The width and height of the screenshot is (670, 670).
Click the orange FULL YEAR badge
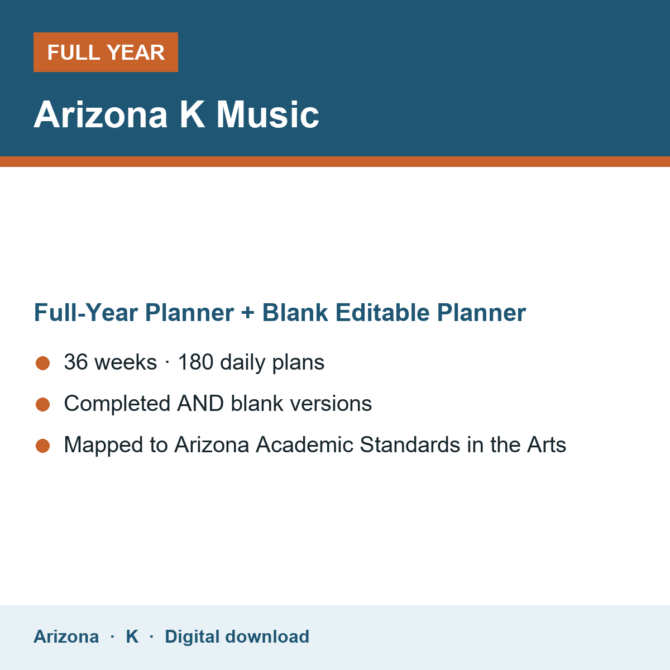[106, 52]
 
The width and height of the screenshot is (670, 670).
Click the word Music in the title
[267, 115]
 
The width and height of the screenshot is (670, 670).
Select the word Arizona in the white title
[100, 115]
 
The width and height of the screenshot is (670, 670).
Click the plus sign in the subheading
[248, 313]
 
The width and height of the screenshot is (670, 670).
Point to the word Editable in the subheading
[382, 312]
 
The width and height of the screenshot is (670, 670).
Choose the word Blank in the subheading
[295, 312]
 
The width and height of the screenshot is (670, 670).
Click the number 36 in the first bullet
[76, 362]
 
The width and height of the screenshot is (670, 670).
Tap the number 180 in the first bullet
[195, 362]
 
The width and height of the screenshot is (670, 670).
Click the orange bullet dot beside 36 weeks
[43, 363]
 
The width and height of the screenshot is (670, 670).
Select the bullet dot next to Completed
[43, 405]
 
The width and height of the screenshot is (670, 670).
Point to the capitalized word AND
[200, 403]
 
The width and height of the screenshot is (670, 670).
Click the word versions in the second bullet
[331, 403]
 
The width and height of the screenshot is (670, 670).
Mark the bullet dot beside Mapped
[43, 446]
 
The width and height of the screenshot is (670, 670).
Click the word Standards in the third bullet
[410, 444]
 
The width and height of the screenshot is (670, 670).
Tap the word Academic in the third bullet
[305, 444]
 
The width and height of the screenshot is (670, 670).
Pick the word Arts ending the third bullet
[547, 444]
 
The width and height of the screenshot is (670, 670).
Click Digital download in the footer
[237, 636]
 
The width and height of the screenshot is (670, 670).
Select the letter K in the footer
[132, 636]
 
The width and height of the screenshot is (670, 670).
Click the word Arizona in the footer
[66, 636]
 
